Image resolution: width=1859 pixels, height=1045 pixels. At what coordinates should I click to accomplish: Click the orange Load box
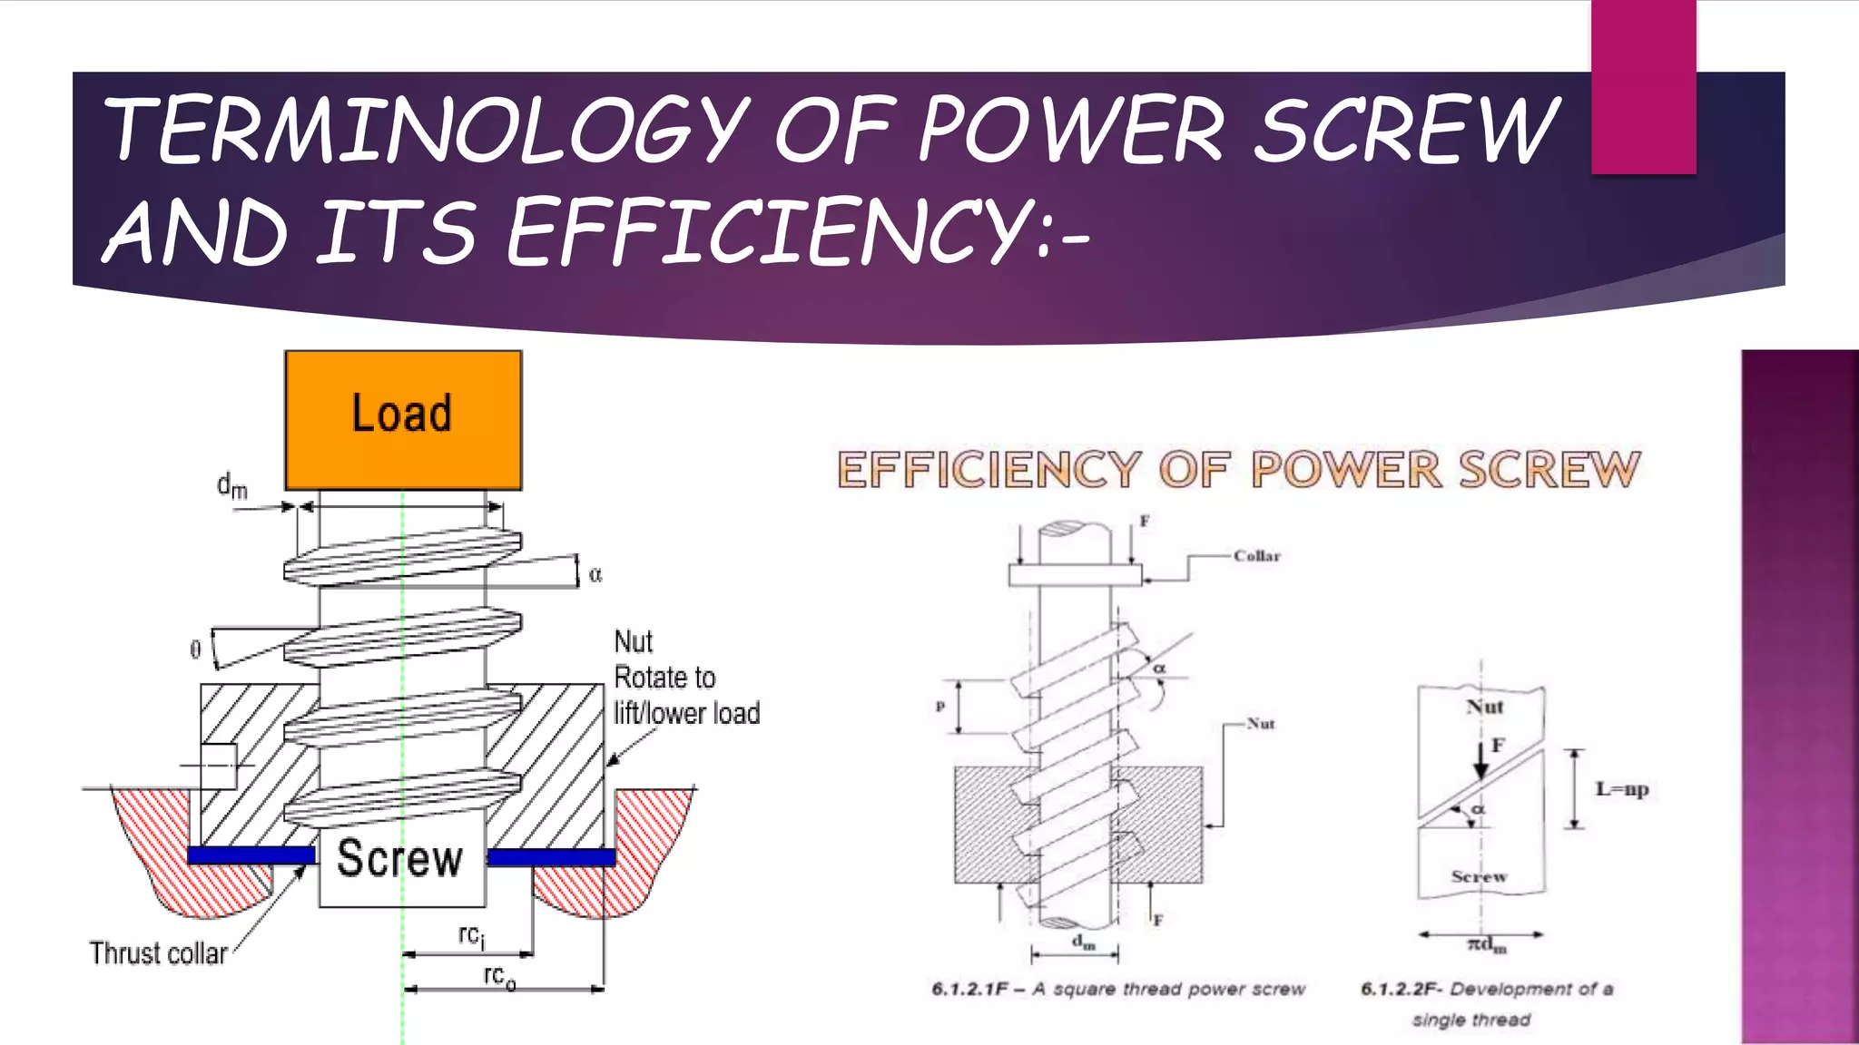403,420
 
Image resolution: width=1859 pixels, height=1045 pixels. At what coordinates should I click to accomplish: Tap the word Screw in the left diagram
399,858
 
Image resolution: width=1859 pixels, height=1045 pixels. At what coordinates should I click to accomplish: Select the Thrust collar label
158,953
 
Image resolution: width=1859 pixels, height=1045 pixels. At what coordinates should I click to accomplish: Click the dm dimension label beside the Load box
231,486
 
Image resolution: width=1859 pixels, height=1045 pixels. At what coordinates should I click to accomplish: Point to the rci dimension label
471,936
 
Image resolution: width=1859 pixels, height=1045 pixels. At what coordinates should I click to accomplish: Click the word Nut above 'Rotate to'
633,642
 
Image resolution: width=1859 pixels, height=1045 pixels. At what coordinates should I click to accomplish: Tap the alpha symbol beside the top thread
595,574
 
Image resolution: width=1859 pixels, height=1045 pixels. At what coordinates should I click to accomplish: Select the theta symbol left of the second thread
194,649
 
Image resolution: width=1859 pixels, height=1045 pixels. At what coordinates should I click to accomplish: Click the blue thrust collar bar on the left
251,855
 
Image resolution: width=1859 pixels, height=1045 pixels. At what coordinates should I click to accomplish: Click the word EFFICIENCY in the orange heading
988,470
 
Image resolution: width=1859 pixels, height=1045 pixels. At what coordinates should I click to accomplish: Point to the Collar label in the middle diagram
1256,556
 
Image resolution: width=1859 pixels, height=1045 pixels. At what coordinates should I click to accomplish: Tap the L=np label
1621,789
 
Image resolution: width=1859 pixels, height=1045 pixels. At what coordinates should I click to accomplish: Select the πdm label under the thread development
1487,946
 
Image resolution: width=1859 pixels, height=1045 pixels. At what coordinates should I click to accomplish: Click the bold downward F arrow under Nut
1480,760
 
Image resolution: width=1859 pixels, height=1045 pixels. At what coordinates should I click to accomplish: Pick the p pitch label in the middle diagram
940,707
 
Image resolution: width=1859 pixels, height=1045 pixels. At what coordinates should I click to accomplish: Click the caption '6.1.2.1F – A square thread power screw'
1117,989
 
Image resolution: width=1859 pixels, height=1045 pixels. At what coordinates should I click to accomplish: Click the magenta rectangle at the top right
1643,86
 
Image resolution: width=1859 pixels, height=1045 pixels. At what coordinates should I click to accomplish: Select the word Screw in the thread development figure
1479,876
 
